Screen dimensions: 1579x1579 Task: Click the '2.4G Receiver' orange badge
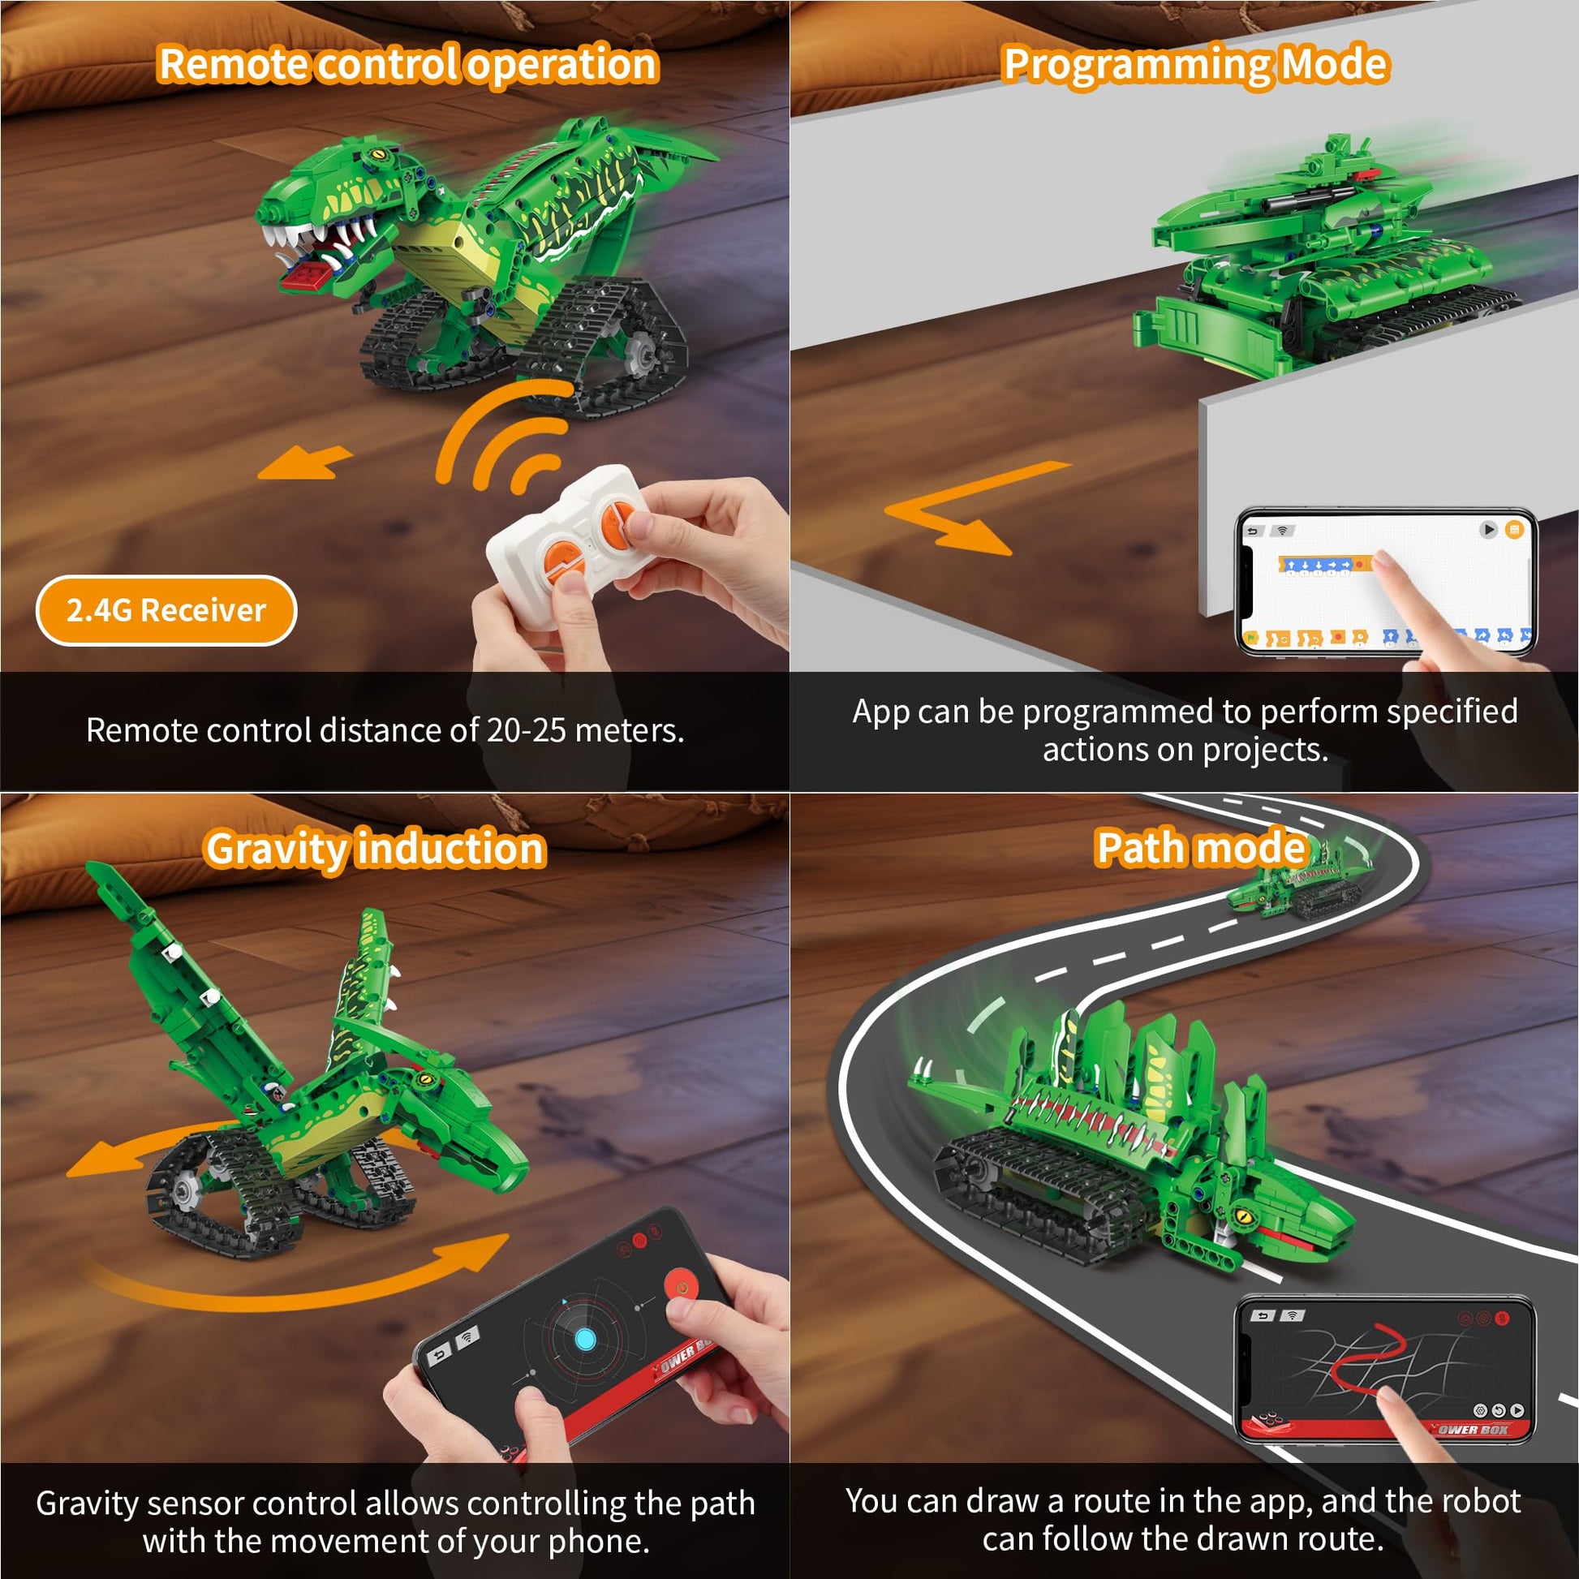coord(166,610)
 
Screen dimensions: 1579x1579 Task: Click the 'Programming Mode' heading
coord(1196,65)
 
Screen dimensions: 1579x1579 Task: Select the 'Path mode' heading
coord(1201,848)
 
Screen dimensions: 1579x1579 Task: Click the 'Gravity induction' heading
coord(375,850)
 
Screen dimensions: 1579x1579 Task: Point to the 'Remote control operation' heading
coord(408,65)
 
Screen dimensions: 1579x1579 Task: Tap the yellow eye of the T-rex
coord(377,153)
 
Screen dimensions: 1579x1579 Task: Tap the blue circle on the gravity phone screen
coord(585,1339)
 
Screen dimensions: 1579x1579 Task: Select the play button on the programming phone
coord(1488,530)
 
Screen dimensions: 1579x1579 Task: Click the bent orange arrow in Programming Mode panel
coord(965,509)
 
